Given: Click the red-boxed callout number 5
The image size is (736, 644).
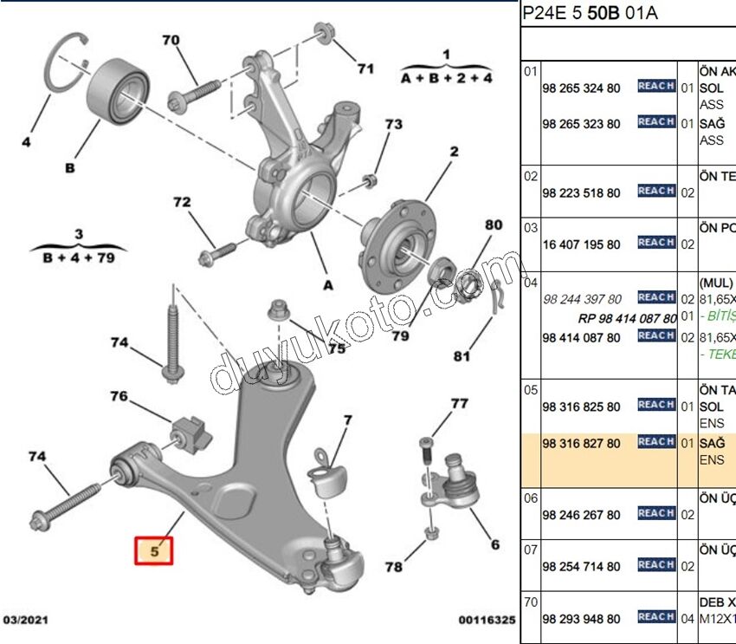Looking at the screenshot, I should coord(153,551).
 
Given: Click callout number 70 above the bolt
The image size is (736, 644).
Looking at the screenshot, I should coord(171,40).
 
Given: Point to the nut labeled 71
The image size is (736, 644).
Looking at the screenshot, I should coord(325,36).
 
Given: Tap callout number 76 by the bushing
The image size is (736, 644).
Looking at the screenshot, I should coord(119,396).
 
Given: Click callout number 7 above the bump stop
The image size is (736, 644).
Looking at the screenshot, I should coord(347,421).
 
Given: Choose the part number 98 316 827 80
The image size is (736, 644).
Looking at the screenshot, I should coord(581,444).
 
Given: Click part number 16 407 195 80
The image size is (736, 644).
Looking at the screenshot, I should coord(581,244).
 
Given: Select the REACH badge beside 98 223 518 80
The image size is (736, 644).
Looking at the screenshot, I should coord(655,191).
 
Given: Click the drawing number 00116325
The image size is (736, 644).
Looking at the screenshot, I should coord(487,621).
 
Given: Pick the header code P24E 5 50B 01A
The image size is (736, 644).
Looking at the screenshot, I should coord(589,15).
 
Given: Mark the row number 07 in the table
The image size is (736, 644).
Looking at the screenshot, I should coord(530,549).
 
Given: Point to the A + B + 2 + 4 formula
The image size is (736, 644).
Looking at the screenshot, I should coord(446,77).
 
